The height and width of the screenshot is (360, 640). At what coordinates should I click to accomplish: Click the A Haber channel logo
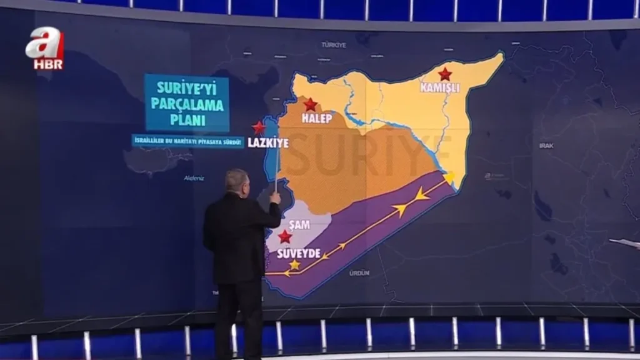(x=44, y=48)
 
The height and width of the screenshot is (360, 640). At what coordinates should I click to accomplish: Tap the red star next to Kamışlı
(x=445, y=74)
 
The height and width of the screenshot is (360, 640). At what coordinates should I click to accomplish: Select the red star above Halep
(x=310, y=104)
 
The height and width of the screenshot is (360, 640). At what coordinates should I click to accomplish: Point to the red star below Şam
(x=285, y=236)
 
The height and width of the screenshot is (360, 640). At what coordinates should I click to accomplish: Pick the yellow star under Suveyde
(x=295, y=264)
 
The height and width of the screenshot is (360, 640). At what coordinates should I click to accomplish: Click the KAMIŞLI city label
(x=440, y=88)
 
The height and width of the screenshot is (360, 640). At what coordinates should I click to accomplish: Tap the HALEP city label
(x=316, y=118)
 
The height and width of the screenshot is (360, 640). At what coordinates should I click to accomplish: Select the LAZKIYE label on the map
(x=268, y=143)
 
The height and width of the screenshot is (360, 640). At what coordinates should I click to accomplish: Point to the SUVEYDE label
(x=299, y=253)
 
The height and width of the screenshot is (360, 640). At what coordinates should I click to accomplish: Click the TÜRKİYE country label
(x=333, y=45)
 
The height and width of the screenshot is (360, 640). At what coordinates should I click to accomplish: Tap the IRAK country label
(x=546, y=146)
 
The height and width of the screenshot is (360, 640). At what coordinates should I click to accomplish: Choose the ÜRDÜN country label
(x=359, y=273)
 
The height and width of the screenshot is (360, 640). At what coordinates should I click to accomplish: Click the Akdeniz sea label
(x=194, y=178)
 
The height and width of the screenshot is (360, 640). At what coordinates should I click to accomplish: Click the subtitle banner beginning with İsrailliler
(x=187, y=141)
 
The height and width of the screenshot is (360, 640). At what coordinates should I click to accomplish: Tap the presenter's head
(x=237, y=182)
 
